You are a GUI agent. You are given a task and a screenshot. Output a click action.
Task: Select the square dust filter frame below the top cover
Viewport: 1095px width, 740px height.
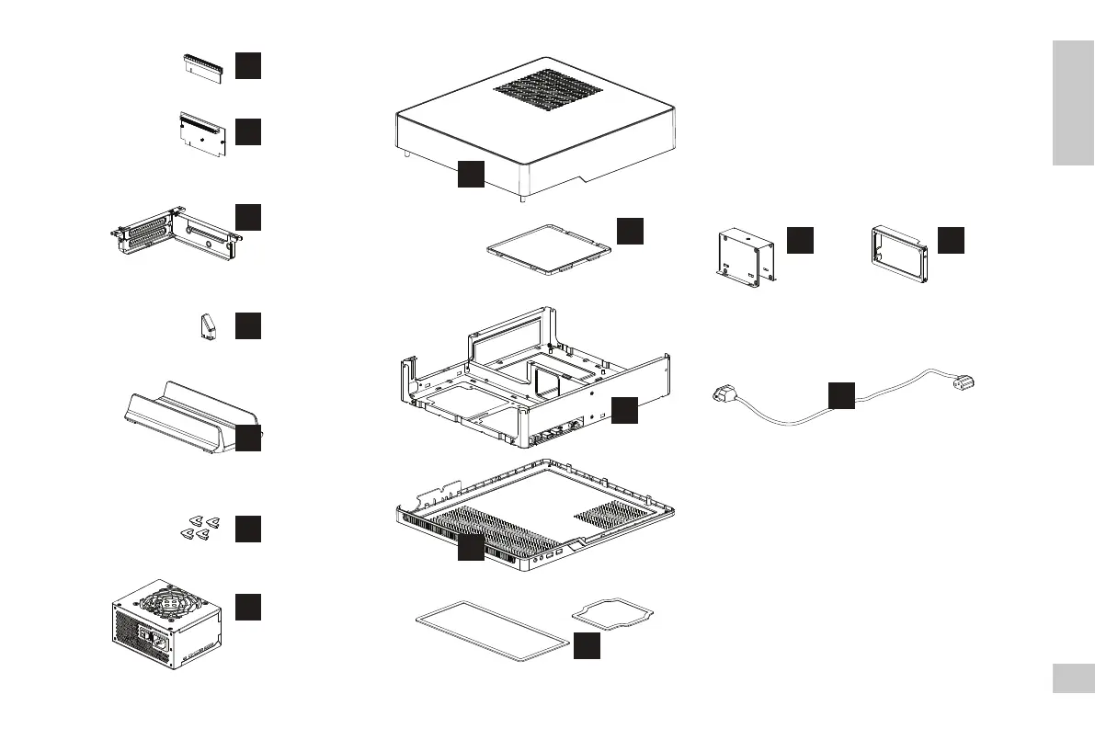[x=548, y=246]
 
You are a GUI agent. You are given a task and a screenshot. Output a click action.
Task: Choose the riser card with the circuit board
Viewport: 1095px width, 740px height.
[x=200, y=132]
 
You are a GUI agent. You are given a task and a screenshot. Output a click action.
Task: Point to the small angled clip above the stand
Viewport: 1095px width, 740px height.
[x=209, y=326]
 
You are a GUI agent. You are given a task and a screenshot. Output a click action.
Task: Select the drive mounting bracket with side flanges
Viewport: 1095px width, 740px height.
[x=745, y=256]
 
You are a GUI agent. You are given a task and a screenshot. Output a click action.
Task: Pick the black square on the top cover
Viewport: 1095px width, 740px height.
[x=471, y=174]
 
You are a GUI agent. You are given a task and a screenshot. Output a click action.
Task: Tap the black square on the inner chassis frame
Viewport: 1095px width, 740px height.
[x=624, y=410]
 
